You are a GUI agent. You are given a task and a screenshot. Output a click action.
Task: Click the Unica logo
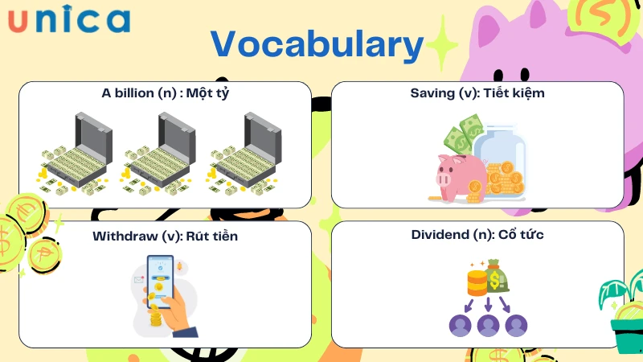click(x=69, y=20)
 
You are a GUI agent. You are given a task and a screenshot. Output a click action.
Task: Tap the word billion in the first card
click(x=140, y=93)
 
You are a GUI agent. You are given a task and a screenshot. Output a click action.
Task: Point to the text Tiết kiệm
click(x=512, y=93)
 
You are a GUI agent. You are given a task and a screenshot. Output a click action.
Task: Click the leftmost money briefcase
click(x=77, y=154)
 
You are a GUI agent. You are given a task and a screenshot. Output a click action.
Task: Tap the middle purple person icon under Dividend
click(x=489, y=325)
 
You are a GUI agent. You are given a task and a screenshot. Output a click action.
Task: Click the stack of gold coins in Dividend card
click(x=477, y=282)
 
